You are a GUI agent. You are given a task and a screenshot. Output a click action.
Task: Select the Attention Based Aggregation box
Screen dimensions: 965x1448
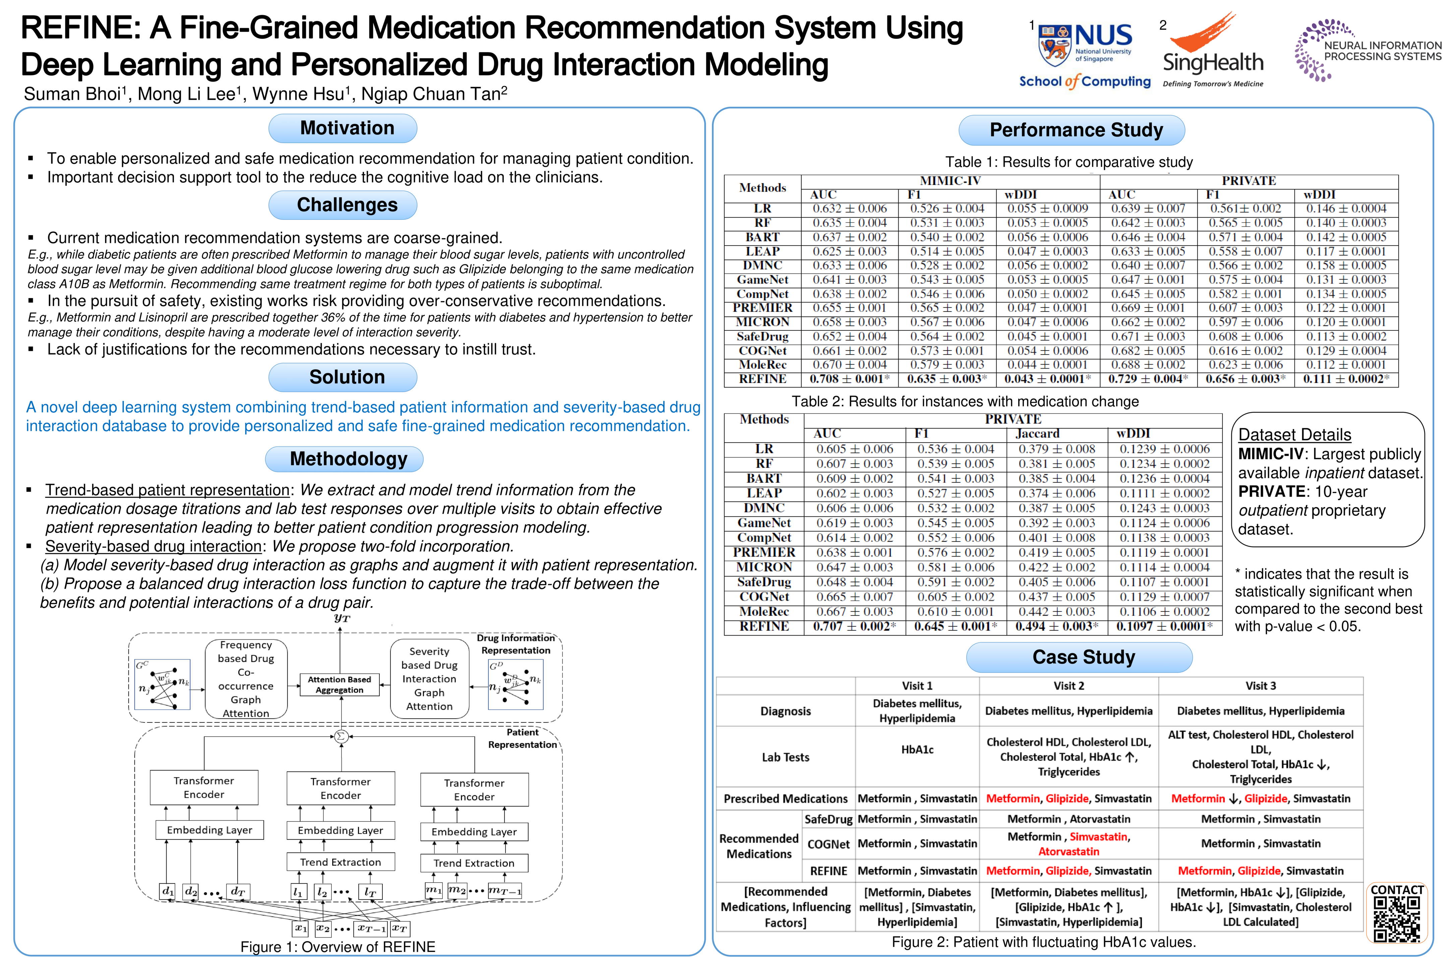point(339,684)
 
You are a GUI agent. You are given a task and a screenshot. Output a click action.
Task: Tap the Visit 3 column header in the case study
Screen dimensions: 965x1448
point(1260,686)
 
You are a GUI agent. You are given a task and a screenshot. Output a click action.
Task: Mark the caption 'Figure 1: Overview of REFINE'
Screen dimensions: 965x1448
point(338,947)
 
